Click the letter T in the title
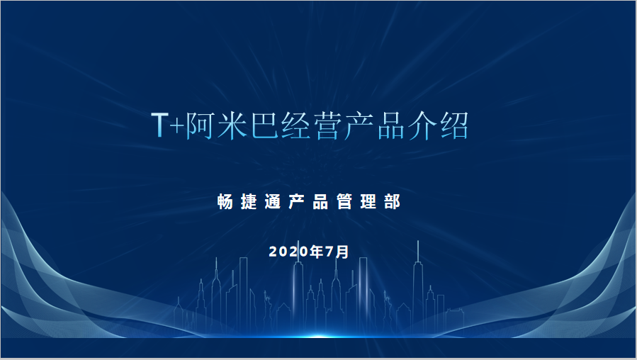click(159, 125)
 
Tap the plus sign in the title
click(176, 126)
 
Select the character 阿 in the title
click(201, 125)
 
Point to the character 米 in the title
click(232, 125)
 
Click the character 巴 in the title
click(264, 125)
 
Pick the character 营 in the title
click(327, 125)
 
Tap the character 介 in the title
click(422, 125)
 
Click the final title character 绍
click(454, 125)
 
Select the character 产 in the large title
click(359, 125)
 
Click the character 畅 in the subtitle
click(225, 201)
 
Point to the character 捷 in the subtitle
click(249, 201)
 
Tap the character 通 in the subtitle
click(273, 201)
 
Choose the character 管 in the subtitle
click(344, 201)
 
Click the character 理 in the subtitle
click(368, 201)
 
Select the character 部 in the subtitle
click(392, 201)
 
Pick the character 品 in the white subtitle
click(320, 201)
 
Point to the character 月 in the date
click(342, 252)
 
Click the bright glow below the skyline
click(319, 337)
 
